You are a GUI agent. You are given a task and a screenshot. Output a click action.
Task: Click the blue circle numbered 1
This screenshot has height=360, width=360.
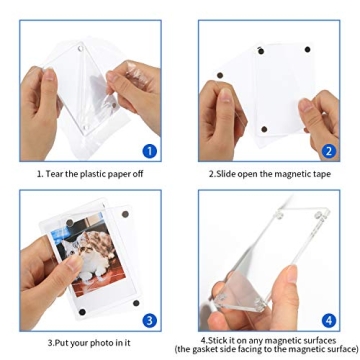[149, 152]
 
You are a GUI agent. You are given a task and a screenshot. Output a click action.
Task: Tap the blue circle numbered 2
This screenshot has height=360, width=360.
[329, 151]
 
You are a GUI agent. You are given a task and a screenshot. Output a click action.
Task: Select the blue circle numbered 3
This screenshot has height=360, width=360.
[149, 321]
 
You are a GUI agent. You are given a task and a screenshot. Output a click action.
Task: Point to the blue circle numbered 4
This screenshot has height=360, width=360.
[329, 320]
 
